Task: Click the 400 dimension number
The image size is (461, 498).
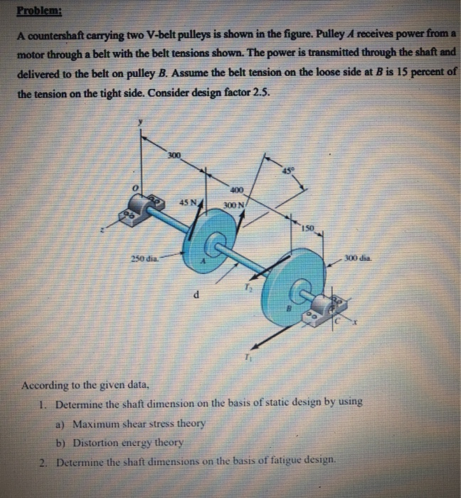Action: [236, 190]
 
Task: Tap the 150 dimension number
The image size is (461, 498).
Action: [306, 228]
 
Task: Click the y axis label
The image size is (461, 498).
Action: [141, 122]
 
